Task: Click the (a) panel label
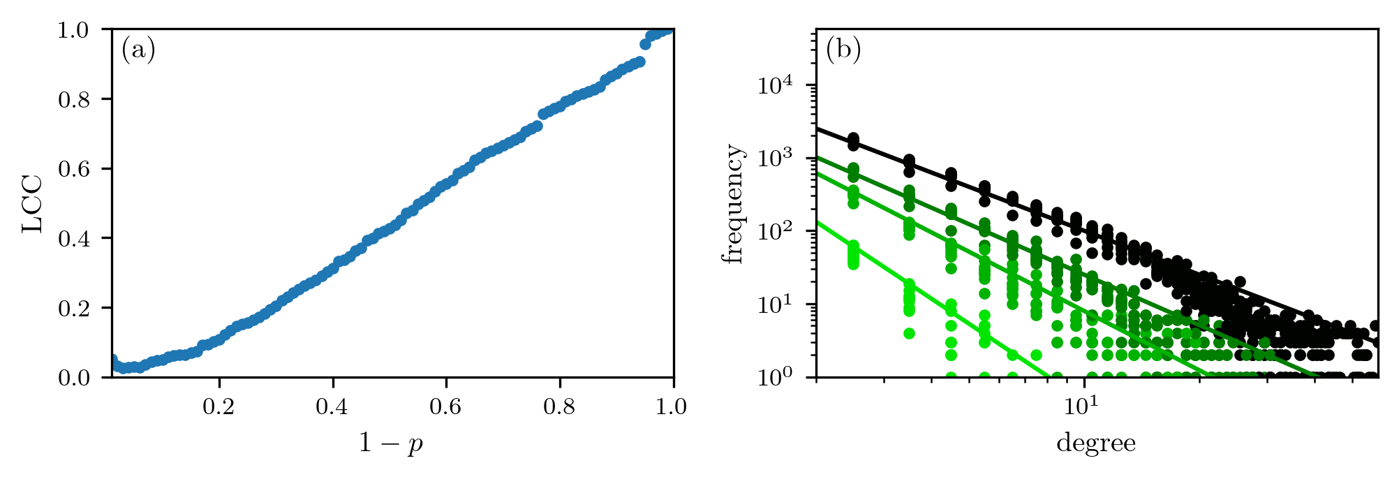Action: (x=138, y=51)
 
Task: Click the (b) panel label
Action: (x=843, y=51)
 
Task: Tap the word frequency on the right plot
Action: (x=734, y=203)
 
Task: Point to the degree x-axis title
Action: (x=1096, y=443)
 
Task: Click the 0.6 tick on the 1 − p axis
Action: (x=446, y=406)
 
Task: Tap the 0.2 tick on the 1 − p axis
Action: (x=219, y=406)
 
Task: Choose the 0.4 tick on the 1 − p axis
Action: (x=332, y=406)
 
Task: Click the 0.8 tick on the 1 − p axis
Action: (x=560, y=406)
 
